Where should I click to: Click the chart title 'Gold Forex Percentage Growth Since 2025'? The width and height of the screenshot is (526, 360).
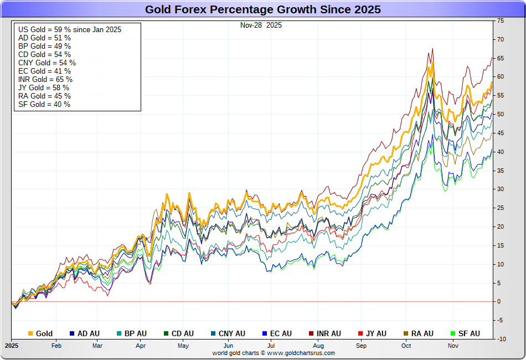(263, 9)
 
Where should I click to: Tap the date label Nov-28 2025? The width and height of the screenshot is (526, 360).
(261, 25)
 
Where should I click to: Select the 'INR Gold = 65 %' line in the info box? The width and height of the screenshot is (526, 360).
(45, 79)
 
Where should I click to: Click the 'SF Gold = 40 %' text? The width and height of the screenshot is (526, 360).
(44, 104)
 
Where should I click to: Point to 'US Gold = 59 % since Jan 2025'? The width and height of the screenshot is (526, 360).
(70, 29)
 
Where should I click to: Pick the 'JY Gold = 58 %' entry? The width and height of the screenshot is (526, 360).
(44, 88)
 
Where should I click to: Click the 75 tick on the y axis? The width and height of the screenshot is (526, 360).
(501, 20)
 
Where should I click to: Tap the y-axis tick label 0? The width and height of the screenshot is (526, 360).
(499, 301)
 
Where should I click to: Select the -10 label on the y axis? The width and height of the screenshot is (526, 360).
(501, 339)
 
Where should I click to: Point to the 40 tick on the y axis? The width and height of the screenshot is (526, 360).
(501, 152)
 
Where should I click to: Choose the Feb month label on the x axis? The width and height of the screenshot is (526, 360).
(56, 346)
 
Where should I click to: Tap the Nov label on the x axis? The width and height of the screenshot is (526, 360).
(453, 346)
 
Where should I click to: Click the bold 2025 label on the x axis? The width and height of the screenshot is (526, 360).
(12, 346)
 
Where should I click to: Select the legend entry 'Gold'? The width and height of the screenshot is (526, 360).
(44, 333)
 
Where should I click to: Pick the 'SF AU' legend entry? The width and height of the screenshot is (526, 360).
(469, 333)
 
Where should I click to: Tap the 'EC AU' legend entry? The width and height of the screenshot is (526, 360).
(281, 333)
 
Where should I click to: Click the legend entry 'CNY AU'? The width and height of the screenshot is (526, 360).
(231, 333)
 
